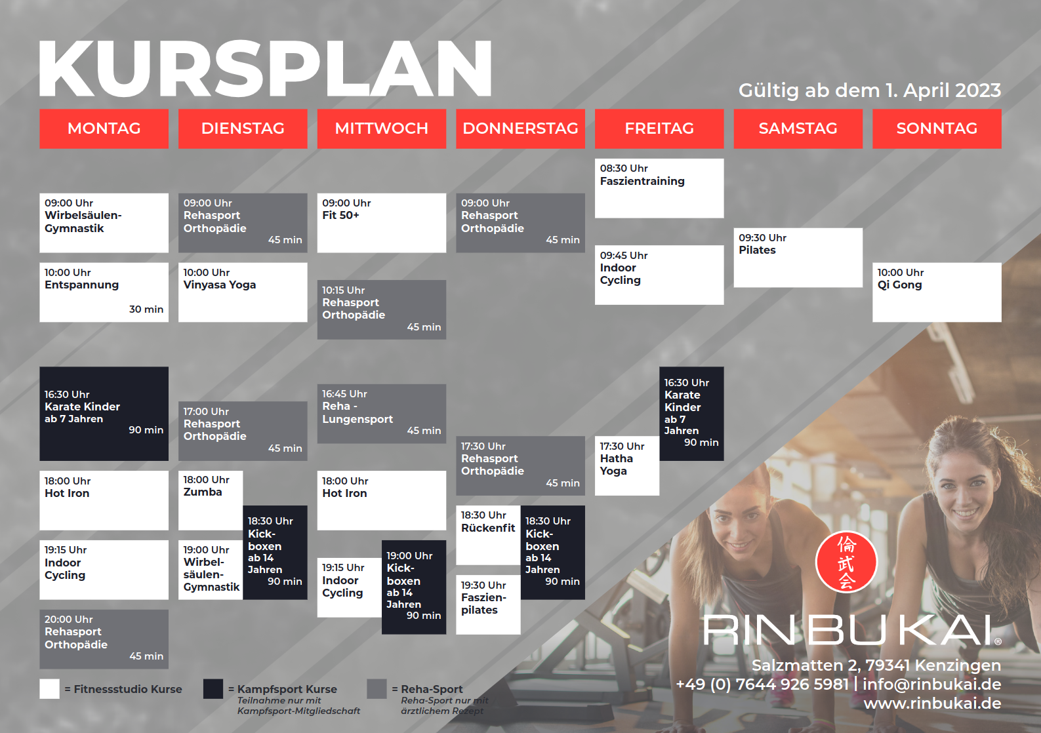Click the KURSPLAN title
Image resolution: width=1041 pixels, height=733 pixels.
click(265, 68)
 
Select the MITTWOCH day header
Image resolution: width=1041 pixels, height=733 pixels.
click(382, 129)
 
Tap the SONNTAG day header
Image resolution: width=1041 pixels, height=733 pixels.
click(937, 129)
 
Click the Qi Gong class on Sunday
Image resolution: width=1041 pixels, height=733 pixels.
click(937, 292)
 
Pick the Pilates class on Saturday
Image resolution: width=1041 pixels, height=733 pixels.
click(798, 258)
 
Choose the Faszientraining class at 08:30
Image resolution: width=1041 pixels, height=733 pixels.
click(659, 188)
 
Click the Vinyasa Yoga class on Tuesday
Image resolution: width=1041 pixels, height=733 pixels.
click(243, 292)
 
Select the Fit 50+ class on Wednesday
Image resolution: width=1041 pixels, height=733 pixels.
click(382, 223)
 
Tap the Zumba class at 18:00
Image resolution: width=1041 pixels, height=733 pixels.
click(211, 500)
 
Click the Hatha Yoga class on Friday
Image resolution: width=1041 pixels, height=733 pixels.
click(627, 466)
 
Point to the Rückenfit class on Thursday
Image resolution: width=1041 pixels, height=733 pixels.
click(488, 535)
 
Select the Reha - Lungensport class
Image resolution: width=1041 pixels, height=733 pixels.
click(382, 414)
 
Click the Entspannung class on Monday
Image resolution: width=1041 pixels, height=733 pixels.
click(104, 292)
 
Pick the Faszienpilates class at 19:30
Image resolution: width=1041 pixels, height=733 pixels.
click(488, 604)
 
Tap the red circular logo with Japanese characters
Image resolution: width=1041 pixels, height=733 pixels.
click(846, 562)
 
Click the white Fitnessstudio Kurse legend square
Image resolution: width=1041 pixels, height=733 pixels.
click(49, 689)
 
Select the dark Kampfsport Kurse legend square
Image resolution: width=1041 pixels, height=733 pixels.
click(213, 689)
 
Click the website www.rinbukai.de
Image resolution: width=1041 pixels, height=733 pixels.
click(932, 703)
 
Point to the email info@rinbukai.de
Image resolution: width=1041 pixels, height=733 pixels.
click(932, 684)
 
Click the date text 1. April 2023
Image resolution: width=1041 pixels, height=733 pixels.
click(943, 90)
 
